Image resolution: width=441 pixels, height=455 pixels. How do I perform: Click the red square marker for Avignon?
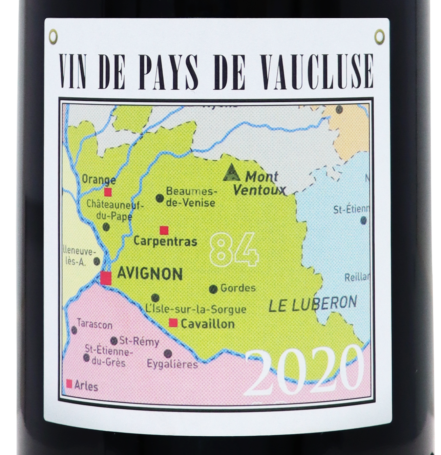click(x=106, y=278)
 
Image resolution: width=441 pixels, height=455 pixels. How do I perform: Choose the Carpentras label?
click(x=165, y=242)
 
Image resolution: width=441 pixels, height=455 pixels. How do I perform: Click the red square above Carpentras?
click(x=164, y=230)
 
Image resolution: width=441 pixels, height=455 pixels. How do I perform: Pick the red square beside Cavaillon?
click(x=173, y=323)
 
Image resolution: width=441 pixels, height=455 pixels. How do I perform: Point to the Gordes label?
click(x=238, y=288)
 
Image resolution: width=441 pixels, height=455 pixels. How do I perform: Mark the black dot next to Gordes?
click(x=213, y=289)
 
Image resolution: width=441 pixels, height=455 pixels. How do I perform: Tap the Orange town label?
click(x=99, y=179)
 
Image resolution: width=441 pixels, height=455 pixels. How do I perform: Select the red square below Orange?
click(x=108, y=192)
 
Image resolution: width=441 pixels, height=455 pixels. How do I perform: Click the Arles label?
click(x=87, y=386)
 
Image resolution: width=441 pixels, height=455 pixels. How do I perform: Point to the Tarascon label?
click(x=94, y=325)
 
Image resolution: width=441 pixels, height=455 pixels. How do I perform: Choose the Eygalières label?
click(x=172, y=365)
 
